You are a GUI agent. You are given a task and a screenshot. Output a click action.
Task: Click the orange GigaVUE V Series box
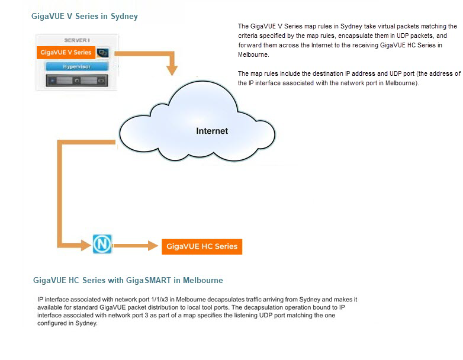pos(65,53)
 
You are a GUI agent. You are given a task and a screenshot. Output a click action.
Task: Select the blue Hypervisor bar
pos(76,67)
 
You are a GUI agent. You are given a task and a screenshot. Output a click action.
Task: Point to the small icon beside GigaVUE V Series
pos(102,53)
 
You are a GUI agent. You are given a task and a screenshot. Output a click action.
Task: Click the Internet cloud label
pos(212,131)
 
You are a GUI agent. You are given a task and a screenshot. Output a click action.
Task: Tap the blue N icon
pos(102,244)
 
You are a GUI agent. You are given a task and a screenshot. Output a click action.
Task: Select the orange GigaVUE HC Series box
pos(201,246)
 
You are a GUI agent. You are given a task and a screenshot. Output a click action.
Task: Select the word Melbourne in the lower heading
pos(202,280)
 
